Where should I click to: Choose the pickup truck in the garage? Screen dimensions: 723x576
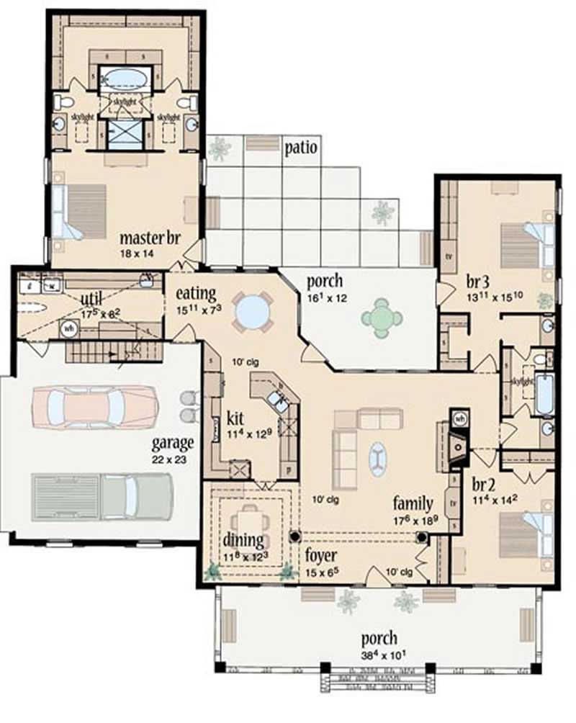click(x=102, y=496)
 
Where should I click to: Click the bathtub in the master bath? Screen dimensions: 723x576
click(x=124, y=77)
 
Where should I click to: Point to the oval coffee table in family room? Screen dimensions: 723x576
click(x=377, y=459)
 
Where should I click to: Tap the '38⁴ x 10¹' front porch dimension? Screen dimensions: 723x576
click(x=380, y=655)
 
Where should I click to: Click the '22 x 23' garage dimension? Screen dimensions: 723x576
click(x=171, y=458)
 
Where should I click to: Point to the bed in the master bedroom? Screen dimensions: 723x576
click(x=80, y=211)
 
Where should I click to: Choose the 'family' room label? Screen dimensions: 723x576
click(x=413, y=503)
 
